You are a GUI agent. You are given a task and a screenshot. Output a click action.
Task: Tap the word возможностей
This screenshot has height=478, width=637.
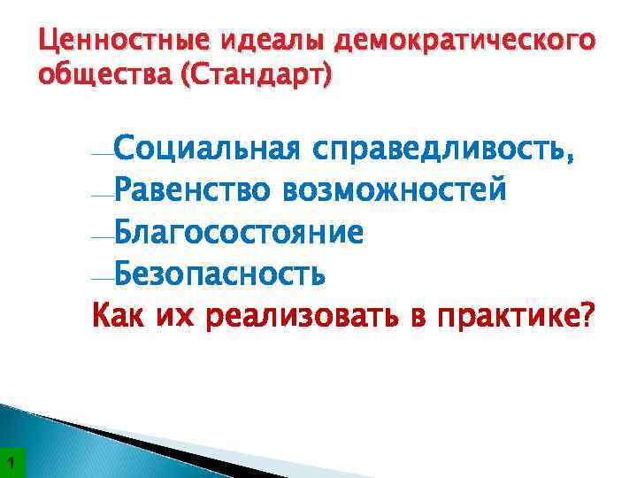click(395, 189)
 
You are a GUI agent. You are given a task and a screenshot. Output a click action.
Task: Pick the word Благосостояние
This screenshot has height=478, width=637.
click(238, 232)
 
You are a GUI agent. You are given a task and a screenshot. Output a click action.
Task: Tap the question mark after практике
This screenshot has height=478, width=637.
click(587, 314)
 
